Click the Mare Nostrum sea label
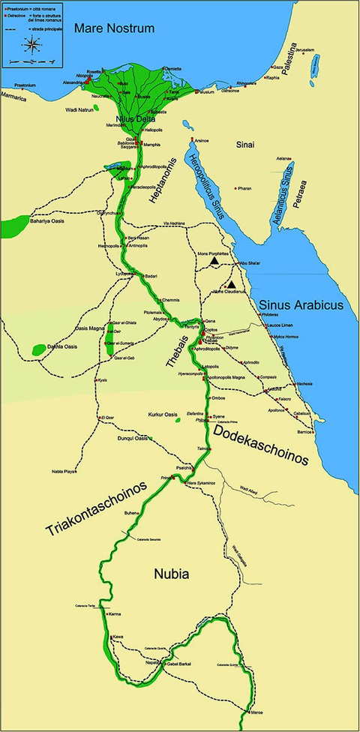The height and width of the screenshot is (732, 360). pos(114,28)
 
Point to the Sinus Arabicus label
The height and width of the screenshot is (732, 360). pos(300,305)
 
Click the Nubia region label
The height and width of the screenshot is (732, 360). pos(169,574)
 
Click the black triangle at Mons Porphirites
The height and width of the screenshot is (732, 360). pos(215,262)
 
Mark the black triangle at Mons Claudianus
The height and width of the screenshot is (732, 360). pos(233,284)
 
